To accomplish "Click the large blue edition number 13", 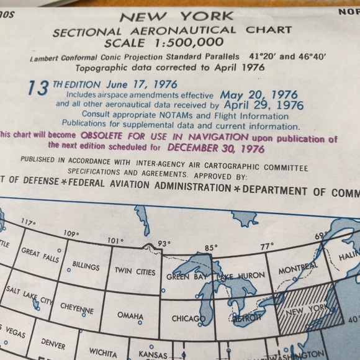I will click(x=38, y=89).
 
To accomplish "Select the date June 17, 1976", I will click(x=142, y=83).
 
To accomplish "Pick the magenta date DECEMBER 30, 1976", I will click(x=215, y=149).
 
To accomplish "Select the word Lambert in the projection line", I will click(x=45, y=58).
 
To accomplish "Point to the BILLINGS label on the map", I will click(x=86, y=266).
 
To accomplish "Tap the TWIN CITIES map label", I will click(x=135, y=271).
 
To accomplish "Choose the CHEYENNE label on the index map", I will click(x=77, y=309).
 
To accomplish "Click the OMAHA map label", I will click(x=130, y=317).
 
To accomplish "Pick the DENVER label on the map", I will click(x=53, y=342).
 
